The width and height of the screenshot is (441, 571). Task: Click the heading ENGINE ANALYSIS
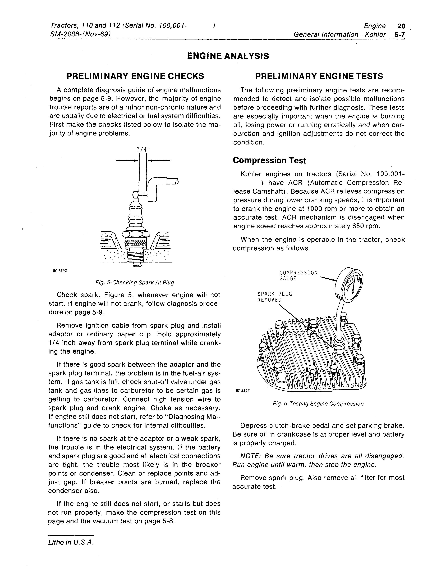point(228,56)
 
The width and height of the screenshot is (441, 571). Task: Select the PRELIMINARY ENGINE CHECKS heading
point(135,76)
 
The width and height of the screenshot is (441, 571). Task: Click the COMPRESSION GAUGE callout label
point(298,276)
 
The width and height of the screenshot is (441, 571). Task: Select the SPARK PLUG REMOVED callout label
point(275,297)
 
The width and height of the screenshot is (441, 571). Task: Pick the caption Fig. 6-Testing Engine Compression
point(318,404)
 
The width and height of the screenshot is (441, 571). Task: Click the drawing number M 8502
point(60,271)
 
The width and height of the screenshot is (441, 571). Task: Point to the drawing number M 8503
point(243,391)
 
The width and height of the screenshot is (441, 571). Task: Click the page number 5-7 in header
point(400,34)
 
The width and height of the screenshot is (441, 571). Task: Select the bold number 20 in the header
point(401,26)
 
